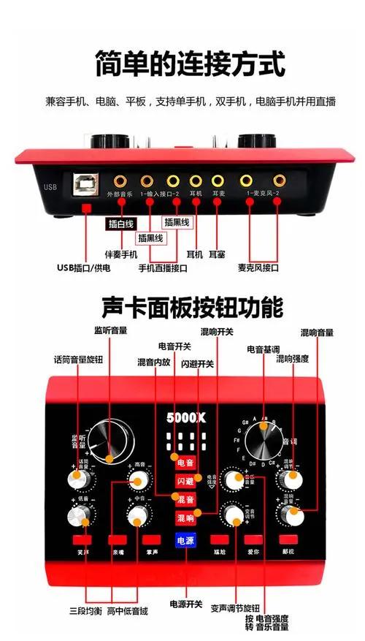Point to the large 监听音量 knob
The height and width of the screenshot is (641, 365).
pos(103,441)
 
